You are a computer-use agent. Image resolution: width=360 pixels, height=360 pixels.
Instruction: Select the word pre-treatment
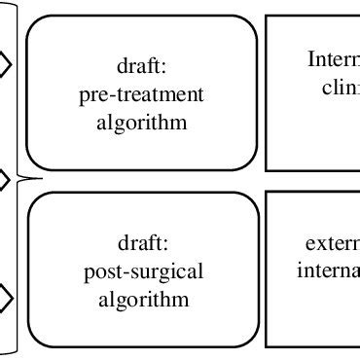(142, 95)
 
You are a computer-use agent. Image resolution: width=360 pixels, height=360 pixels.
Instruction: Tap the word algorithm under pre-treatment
(142, 123)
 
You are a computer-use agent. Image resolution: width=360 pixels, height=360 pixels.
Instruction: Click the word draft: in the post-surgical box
(141, 242)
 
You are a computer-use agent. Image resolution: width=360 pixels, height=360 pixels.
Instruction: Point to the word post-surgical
(142, 270)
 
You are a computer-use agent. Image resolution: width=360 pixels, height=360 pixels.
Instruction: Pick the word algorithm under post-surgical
(142, 298)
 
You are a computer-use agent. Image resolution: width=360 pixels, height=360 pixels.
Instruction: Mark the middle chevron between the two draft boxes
(5, 179)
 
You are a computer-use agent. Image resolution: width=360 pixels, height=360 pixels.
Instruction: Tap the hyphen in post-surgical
(119, 271)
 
